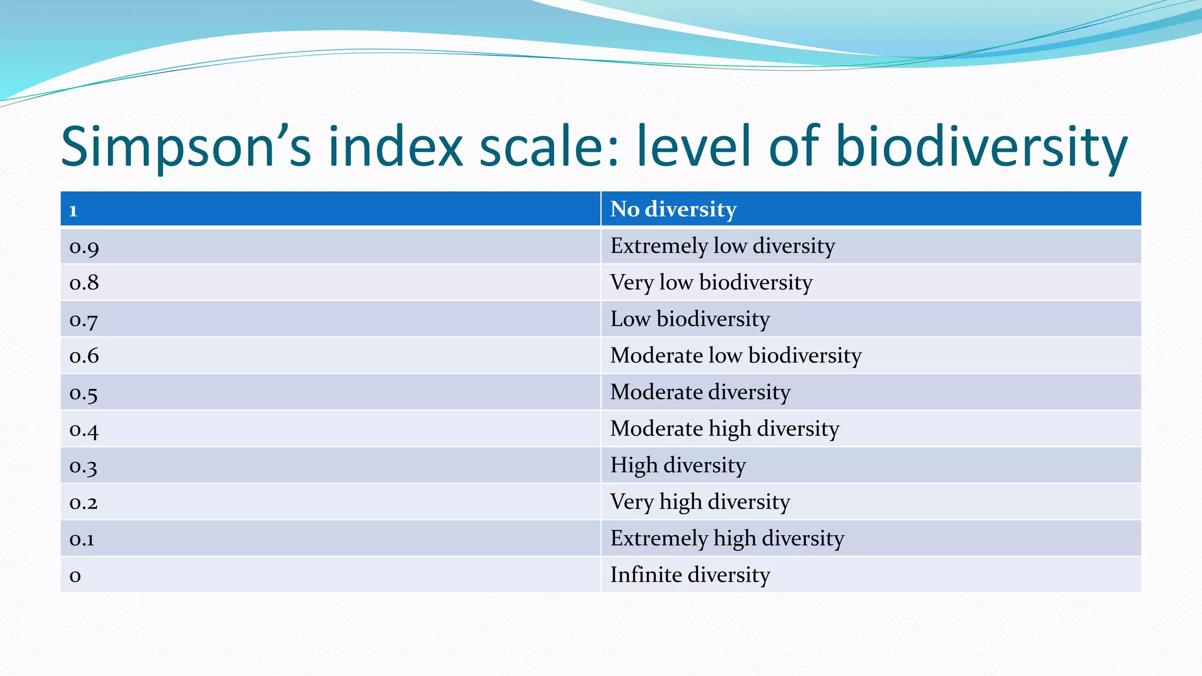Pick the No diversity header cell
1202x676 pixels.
(673, 209)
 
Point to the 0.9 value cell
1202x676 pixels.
(84, 247)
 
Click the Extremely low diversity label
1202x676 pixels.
(722, 246)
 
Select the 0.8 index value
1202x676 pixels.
(84, 283)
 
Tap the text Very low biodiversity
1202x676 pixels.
(711, 283)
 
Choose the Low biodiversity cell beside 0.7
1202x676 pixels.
(690, 319)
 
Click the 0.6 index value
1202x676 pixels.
(84, 356)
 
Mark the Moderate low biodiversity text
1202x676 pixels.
(736, 356)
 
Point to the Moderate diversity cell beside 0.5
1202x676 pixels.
(700, 392)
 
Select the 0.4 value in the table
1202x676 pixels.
(84, 430)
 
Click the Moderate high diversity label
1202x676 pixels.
(725, 429)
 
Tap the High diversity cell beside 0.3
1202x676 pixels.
(678, 465)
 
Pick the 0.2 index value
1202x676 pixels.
(83, 503)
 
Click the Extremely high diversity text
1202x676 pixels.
(727, 539)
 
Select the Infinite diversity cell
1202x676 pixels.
(690, 575)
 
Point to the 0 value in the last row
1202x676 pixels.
(75, 576)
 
